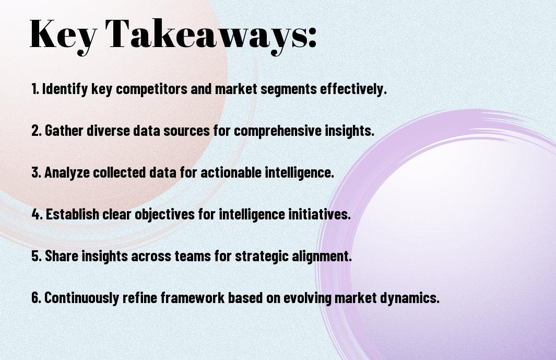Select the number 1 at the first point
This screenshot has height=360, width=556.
[34, 89]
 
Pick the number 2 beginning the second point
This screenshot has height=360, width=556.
[36, 131]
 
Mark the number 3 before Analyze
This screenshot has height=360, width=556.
[36, 172]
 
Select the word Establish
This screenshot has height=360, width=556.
[73, 214]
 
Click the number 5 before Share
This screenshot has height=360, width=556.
[36, 256]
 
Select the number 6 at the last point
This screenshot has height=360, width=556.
[36, 298]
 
